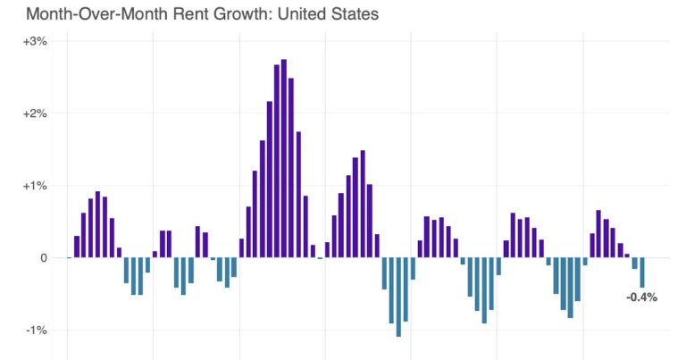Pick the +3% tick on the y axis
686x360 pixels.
click(x=35, y=41)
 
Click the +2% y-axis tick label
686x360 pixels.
click(x=35, y=113)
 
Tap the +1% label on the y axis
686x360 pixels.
click(x=35, y=186)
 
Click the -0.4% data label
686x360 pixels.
click(x=641, y=297)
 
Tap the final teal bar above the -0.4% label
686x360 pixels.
click(x=641, y=272)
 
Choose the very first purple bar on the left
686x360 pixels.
click(x=77, y=247)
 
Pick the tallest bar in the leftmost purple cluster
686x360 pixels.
click(x=98, y=224)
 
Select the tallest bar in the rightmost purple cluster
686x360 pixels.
click(x=598, y=234)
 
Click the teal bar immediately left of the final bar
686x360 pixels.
click(x=634, y=264)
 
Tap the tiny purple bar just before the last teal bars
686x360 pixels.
click(x=627, y=255)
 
